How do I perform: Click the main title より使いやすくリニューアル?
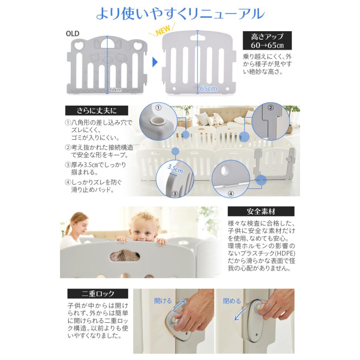180,13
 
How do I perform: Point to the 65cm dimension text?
208,88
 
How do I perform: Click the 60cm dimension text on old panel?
115,90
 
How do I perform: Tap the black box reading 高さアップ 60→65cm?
267,40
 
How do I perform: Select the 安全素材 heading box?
261,211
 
